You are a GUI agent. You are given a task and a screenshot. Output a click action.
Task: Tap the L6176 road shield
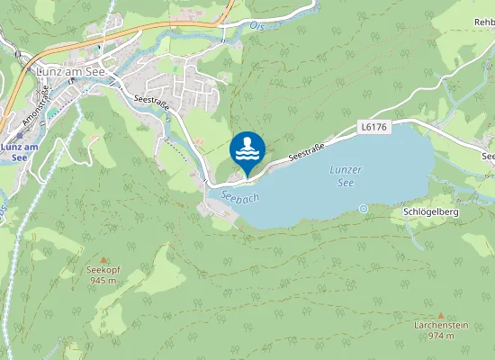(373, 129)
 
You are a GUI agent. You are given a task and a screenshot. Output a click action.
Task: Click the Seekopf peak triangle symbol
(102, 258)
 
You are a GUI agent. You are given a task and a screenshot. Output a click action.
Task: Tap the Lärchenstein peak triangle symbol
(440, 315)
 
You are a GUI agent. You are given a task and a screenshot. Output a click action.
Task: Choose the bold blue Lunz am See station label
(19, 151)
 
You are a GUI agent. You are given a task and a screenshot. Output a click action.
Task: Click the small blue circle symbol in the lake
(363, 208)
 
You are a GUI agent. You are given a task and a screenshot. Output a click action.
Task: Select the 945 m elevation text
(103, 281)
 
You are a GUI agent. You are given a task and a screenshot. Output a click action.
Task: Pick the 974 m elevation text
(440, 336)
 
